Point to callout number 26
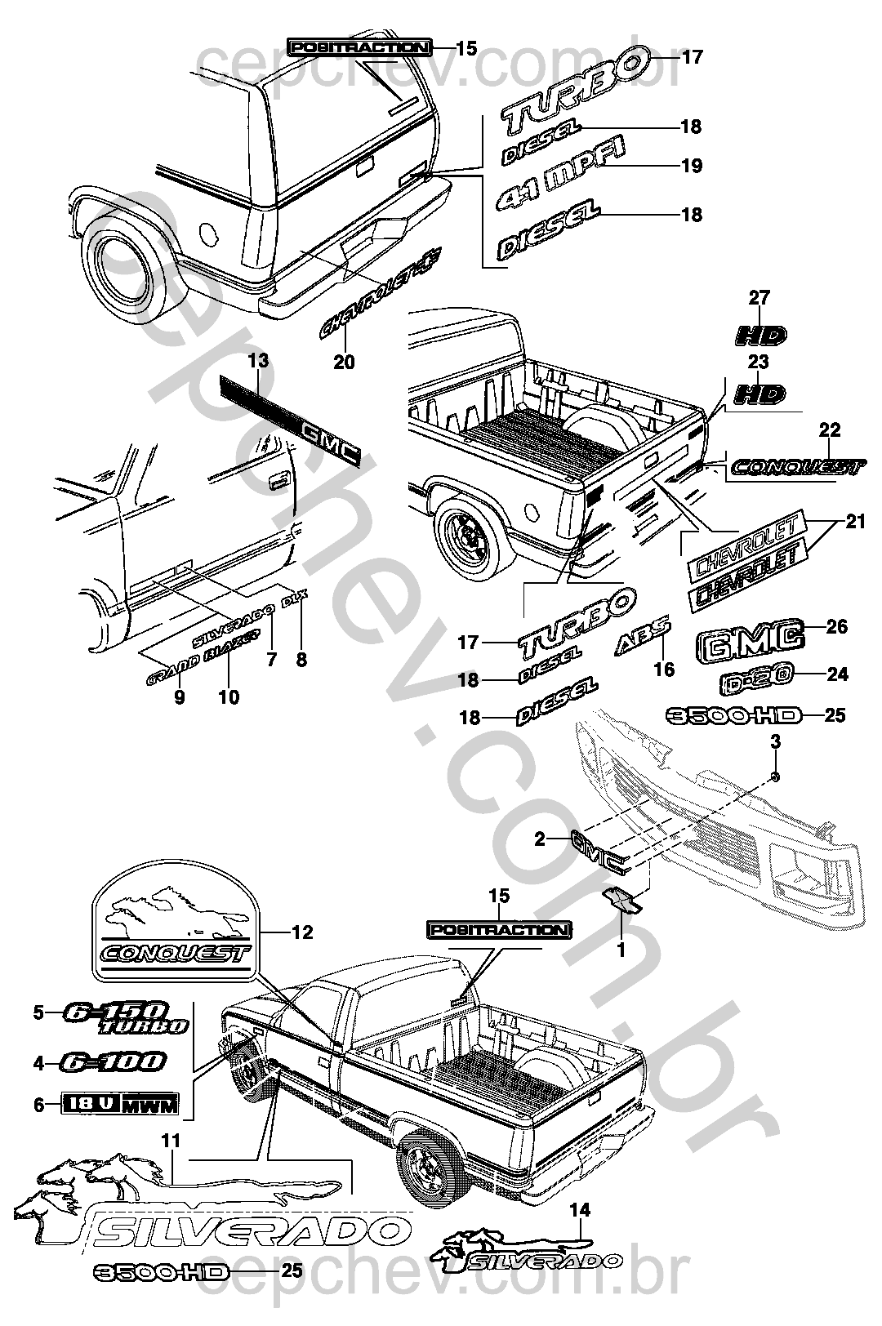(x=837, y=627)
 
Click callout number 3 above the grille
(x=776, y=742)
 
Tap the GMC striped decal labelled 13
(x=289, y=417)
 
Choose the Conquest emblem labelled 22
(x=795, y=467)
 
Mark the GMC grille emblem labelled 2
(x=597, y=847)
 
